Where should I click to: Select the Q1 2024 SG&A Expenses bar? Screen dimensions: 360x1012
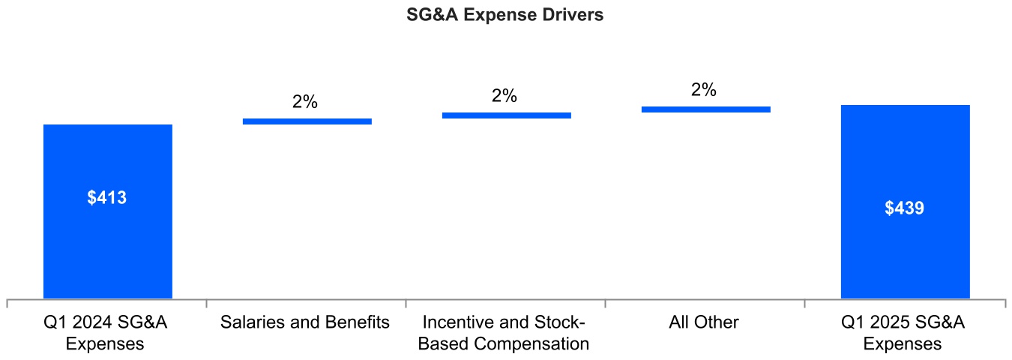[x=108, y=240]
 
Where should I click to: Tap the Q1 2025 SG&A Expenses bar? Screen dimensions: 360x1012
[x=905, y=247]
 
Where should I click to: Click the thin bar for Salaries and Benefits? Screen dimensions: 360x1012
[x=307, y=121]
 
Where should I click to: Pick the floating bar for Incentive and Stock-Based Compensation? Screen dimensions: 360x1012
[x=507, y=115]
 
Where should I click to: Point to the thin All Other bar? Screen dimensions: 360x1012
[x=706, y=109]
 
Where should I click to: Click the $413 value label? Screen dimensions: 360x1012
[x=107, y=198]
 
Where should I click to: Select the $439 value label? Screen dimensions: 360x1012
[x=905, y=208]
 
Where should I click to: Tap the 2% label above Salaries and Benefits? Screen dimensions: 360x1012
[x=305, y=102]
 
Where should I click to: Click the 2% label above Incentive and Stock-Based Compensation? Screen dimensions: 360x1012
[x=505, y=96]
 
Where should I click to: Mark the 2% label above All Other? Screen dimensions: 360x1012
[x=704, y=90]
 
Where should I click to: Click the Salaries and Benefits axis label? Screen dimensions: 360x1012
[x=305, y=322]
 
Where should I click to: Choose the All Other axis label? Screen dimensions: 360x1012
[x=704, y=322]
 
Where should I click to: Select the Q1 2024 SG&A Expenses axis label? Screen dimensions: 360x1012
[x=105, y=333]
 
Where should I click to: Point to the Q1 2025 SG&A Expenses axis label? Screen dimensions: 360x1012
[x=903, y=333]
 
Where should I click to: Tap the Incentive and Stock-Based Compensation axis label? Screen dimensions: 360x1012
[x=504, y=333]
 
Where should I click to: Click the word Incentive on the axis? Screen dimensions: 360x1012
[x=459, y=322]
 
